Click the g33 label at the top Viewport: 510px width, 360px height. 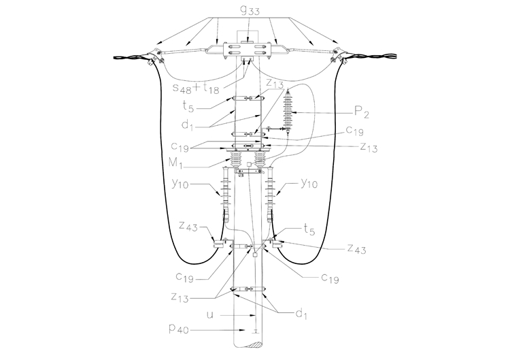(x=250, y=11)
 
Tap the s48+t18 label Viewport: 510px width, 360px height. (x=196, y=87)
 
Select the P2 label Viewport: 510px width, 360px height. (x=361, y=112)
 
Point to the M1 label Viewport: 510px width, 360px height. (x=176, y=163)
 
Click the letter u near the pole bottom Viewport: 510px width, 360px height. (x=210, y=315)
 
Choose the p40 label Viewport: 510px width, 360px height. (x=179, y=329)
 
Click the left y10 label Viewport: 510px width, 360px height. (x=180, y=184)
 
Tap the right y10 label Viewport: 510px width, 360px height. (x=309, y=184)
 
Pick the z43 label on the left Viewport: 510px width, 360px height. (x=188, y=226)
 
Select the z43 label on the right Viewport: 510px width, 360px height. (x=356, y=249)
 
